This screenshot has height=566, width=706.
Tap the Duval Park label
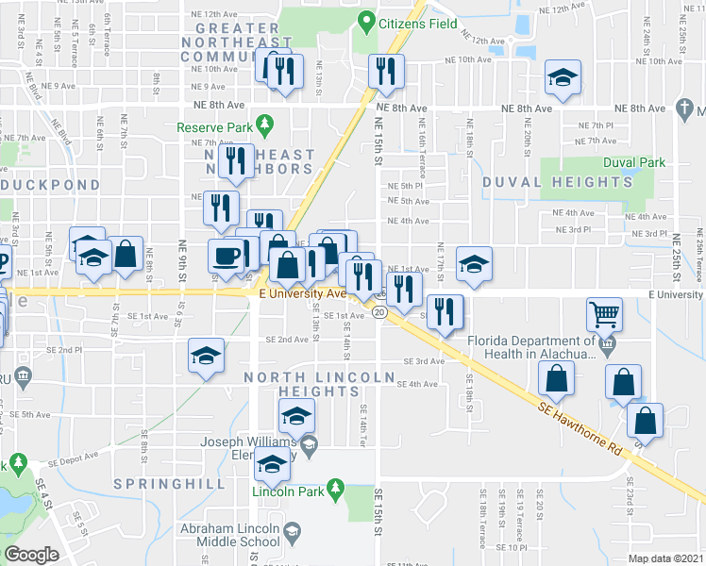(634, 162)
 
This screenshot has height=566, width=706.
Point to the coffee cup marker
(226, 256)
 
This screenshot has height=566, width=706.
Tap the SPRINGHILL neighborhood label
(169, 483)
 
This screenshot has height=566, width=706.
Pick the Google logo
(31, 554)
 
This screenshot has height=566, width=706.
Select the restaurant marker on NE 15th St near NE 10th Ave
(385, 71)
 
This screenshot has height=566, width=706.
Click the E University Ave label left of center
(302, 294)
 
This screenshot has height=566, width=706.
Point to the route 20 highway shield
(378, 312)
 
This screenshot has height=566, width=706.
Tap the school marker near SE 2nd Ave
(207, 356)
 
